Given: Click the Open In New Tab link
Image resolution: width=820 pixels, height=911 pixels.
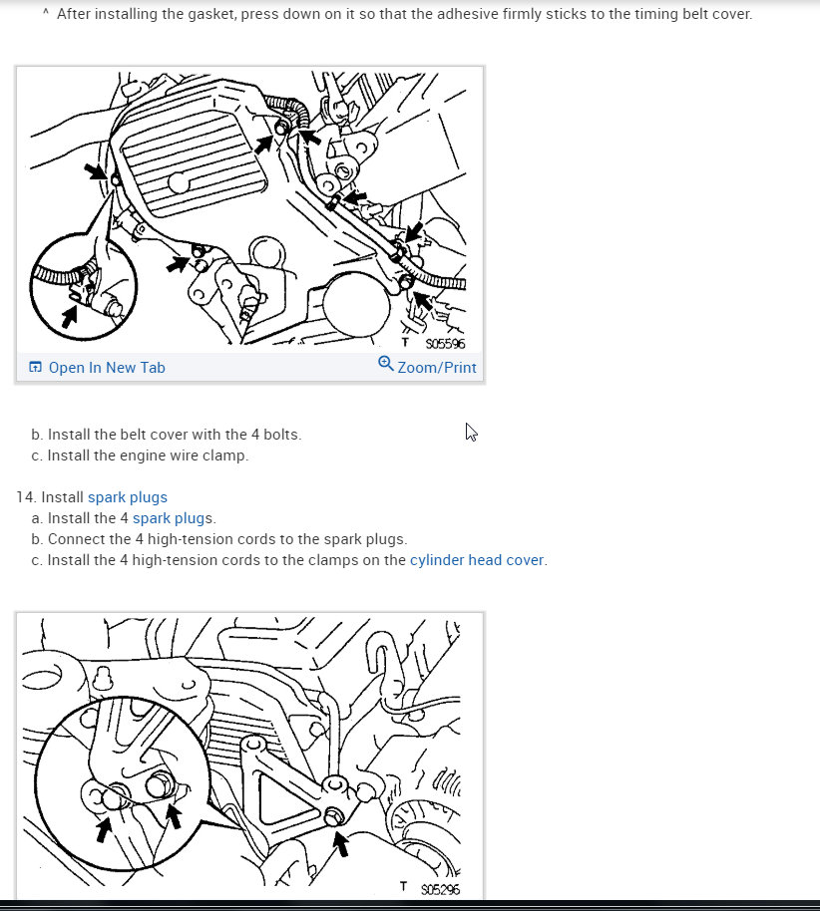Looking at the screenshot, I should [107, 368].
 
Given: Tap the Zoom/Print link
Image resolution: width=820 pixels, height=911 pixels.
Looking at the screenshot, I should [436, 368].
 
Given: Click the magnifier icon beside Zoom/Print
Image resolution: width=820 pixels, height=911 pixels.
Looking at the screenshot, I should [386, 364].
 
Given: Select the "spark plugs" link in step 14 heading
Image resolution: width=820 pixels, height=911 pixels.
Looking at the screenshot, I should [128, 497].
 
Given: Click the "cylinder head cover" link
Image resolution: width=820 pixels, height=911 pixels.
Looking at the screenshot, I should [477, 560].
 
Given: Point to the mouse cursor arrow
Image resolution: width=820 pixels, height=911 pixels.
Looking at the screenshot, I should [470, 431].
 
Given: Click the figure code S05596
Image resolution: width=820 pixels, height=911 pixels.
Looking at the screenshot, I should [445, 344].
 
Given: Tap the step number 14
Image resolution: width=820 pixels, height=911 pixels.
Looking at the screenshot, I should [24, 497].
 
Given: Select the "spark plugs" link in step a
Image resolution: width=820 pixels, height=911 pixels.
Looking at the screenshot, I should [173, 518].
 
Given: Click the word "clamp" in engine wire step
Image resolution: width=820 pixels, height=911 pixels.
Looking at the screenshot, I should [226, 455].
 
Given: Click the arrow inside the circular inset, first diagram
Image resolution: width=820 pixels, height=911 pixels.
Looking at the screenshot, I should [69, 317].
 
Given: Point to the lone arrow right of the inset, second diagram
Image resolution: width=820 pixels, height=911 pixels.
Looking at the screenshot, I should [341, 843].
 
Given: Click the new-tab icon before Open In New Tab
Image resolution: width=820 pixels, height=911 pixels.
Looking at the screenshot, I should [36, 368].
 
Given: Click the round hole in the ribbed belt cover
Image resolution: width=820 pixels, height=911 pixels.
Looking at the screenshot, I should [180, 182].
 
